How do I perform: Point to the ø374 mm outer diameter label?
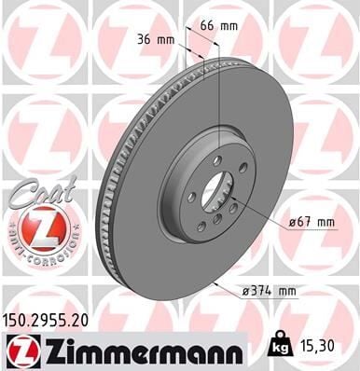point(272,291)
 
